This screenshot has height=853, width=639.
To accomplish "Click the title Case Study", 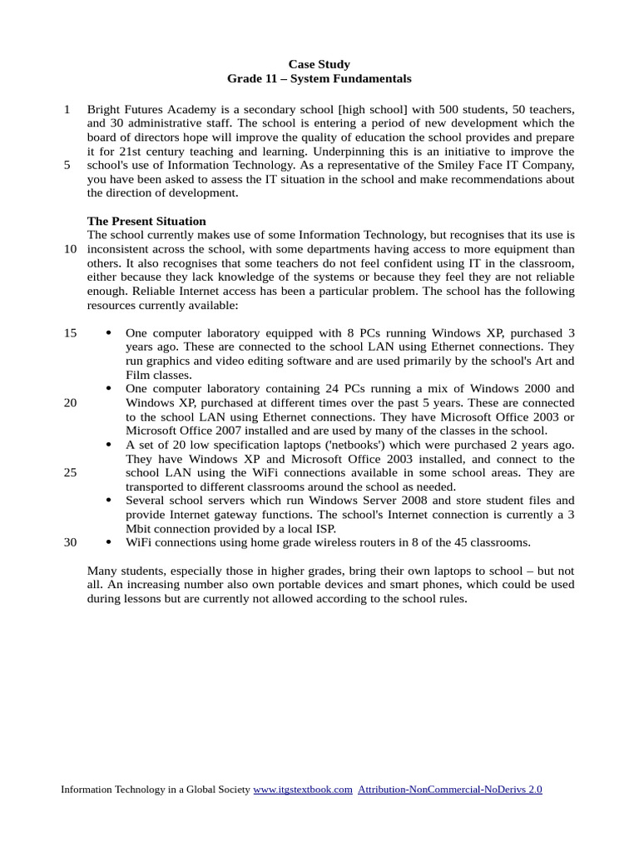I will pyautogui.click(x=319, y=64).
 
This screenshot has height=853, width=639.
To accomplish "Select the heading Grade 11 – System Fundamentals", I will pyautogui.click(x=319, y=79).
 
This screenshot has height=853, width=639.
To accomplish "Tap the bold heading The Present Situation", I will pyautogui.click(x=146, y=222).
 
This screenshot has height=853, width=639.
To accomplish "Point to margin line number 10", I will pyautogui.click(x=70, y=249).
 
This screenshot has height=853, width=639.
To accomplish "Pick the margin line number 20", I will pyautogui.click(x=70, y=402).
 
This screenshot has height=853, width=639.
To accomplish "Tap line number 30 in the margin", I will pyautogui.click(x=70, y=542).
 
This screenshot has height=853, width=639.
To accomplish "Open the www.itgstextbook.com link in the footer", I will pyautogui.click(x=303, y=789).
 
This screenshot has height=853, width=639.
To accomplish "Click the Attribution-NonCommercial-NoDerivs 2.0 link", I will pyautogui.click(x=449, y=789).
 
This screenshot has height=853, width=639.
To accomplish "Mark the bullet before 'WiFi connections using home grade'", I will pyautogui.click(x=109, y=542).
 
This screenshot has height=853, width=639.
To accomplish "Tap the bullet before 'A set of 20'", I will pyautogui.click(x=109, y=445).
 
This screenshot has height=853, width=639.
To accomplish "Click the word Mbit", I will pyautogui.click(x=140, y=528).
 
